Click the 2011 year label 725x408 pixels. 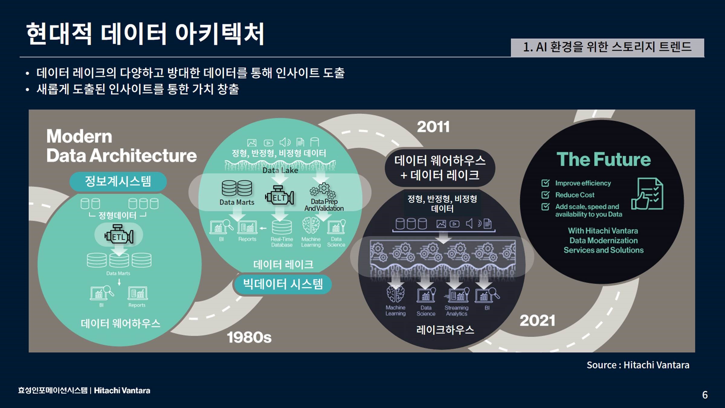(x=433, y=127)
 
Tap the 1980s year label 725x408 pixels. (x=249, y=337)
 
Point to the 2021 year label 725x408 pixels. (x=537, y=321)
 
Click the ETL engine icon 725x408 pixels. (x=119, y=234)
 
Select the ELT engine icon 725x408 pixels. (x=279, y=196)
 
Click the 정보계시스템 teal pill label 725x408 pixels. (x=118, y=182)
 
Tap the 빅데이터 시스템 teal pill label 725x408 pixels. (x=283, y=284)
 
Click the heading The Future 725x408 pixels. (x=604, y=159)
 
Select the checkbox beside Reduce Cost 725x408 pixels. (x=545, y=195)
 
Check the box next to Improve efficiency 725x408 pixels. (x=545, y=183)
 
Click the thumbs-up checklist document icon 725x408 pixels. (x=647, y=194)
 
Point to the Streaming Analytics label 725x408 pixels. (x=456, y=311)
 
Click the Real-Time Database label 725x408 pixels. (x=282, y=242)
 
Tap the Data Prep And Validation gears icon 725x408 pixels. (x=323, y=190)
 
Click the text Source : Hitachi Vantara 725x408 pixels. (x=638, y=365)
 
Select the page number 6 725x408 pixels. (x=705, y=395)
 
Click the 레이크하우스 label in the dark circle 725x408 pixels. (x=445, y=330)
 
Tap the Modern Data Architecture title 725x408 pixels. (x=121, y=146)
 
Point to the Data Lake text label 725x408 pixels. (x=280, y=170)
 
